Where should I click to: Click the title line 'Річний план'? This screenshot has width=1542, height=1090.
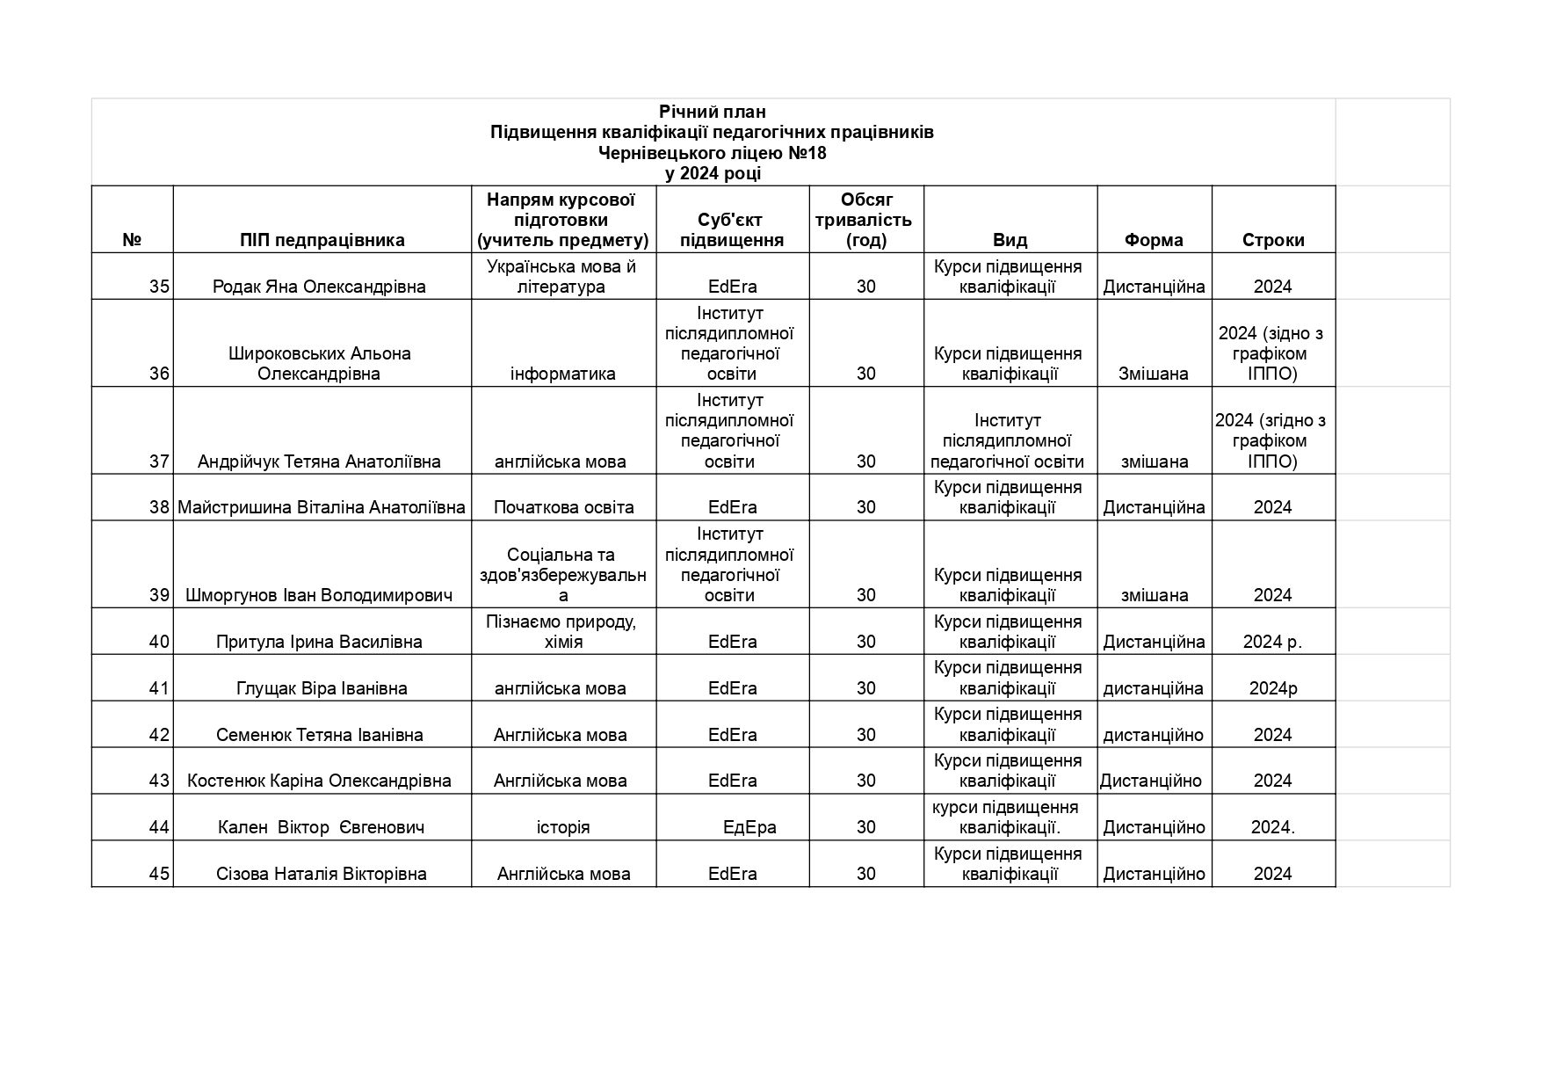(713, 112)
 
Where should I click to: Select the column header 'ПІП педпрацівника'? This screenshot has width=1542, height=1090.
(322, 240)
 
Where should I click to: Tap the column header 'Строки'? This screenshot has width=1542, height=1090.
(1273, 240)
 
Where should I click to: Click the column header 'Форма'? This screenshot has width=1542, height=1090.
(1154, 240)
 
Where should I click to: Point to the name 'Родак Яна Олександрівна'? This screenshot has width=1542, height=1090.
(319, 287)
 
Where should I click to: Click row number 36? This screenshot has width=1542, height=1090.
(159, 374)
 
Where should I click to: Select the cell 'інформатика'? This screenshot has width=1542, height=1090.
(563, 374)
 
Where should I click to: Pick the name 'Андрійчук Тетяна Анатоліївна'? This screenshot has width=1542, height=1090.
(319, 461)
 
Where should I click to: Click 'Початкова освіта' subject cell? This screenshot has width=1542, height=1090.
(563, 507)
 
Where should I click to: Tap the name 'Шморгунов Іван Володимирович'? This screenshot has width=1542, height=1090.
(319, 595)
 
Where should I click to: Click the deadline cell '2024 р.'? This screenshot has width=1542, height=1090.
(1272, 642)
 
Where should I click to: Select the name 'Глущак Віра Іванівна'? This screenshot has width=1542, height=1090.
(322, 688)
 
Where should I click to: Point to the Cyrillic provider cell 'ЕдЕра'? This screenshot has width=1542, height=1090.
(749, 827)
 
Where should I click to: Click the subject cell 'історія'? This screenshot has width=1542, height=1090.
(563, 827)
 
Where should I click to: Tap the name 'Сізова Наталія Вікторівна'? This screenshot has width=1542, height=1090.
(322, 874)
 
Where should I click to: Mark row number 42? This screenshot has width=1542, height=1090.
(159, 735)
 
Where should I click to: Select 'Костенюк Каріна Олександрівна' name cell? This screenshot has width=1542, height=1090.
(319, 781)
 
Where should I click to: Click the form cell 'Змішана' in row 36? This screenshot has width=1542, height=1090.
(1154, 374)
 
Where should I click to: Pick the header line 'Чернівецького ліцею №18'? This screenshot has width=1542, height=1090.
(713, 153)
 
